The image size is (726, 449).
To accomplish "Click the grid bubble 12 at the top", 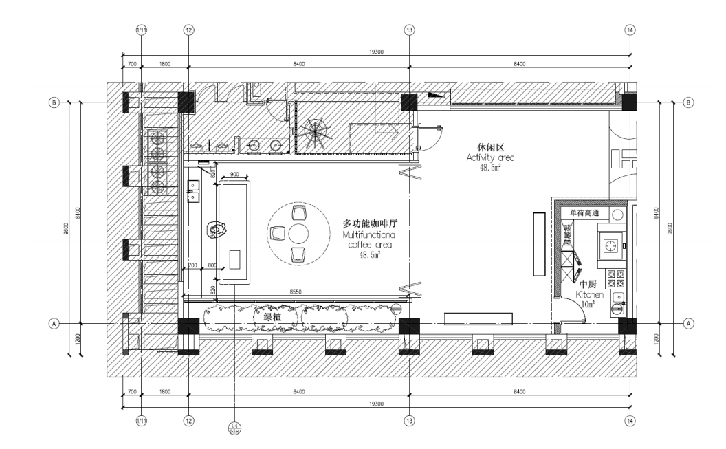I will pyautogui.click(x=189, y=30).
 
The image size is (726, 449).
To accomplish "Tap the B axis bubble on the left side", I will pyautogui.click(x=54, y=102).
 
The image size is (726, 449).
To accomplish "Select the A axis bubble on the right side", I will pyautogui.click(x=690, y=323).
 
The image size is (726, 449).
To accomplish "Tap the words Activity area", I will pyautogui.click(x=490, y=157).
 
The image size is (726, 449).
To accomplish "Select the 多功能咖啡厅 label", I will pyautogui.click(x=371, y=224).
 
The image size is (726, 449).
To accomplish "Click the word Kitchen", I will pyautogui.click(x=590, y=294).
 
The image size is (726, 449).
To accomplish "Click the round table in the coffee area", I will pyautogui.click(x=298, y=232).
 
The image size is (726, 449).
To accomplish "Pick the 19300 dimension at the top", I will pyautogui.click(x=376, y=52).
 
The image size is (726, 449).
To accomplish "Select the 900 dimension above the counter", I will pyautogui.click(x=234, y=174).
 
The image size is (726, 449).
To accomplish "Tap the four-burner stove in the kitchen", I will pyautogui.click(x=615, y=278).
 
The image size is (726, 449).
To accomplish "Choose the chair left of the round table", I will pyautogui.click(x=278, y=232).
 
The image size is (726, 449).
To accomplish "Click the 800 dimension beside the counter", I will pyautogui.click(x=212, y=265).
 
